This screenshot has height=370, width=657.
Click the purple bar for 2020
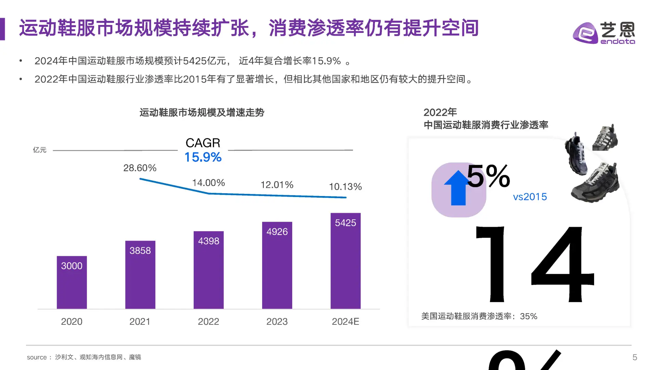[x=72, y=283]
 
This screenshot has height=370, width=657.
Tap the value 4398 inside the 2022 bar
[x=208, y=241]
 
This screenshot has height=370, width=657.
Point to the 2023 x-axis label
[x=277, y=322]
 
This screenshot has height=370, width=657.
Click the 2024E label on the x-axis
[x=345, y=322]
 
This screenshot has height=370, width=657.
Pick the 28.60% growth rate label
[x=140, y=168]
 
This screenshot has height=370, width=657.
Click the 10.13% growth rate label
[x=345, y=187]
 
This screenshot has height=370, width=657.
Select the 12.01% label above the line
[x=277, y=185]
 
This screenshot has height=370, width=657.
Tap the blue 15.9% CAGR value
[x=203, y=157]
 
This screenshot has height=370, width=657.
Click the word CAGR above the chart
[x=203, y=143]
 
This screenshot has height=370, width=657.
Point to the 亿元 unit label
[x=39, y=150]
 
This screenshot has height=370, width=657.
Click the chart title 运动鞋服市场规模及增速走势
[x=202, y=113]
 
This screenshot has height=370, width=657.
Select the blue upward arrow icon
[x=458, y=188]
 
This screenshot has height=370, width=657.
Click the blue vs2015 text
[x=530, y=197]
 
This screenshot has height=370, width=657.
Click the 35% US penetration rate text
[x=528, y=316]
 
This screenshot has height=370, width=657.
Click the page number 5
[x=634, y=357]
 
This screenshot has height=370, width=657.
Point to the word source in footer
[x=37, y=357]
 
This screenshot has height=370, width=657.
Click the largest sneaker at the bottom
[x=595, y=183]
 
